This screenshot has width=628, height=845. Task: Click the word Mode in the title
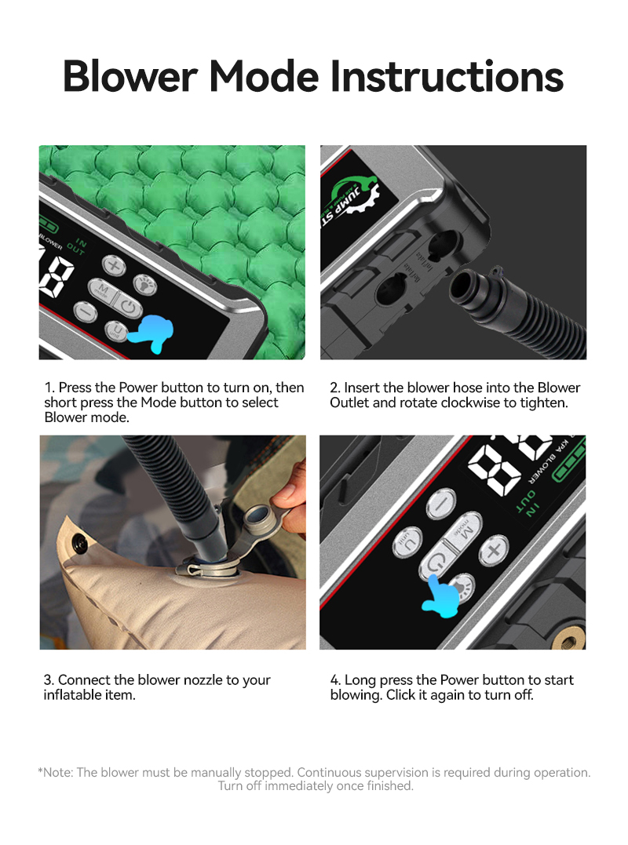pyautogui.click(x=264, y=76)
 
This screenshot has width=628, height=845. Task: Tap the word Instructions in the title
pyautogui.click(x=447, y=76)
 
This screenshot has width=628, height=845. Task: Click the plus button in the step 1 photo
pyautogui.click(x=114, y=265)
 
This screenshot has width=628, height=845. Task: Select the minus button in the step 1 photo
pyautogui.click(x=86, y=311)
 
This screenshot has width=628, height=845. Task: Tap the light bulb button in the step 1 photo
pyautogui.click(x=145, y=285)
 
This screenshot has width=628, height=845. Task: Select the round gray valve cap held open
pyautogui.click(x=258, y=515)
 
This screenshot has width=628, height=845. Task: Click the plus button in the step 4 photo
pyautogui.click(x=493, y=550)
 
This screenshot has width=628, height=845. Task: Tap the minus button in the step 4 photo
pyautogui.click(x=440, y=504)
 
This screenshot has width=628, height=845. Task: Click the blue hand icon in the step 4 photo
pyautogui.click(x=442, y=596)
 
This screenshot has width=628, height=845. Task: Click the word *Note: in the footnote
pyautogui.click(x=56, y=772)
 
